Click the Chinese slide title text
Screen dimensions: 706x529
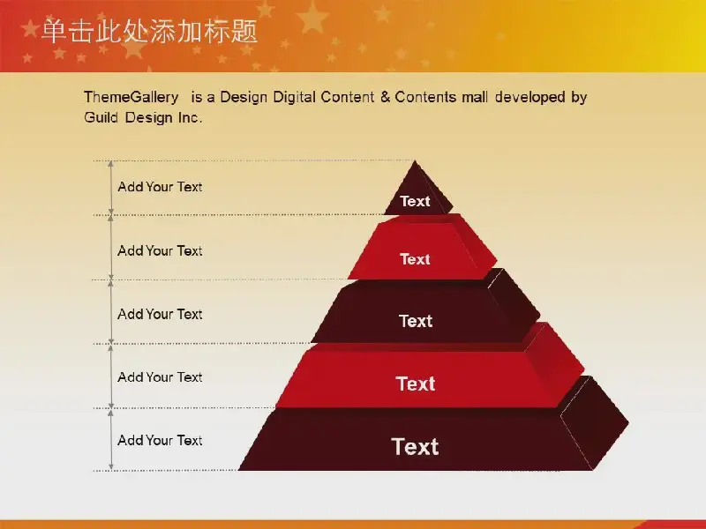149,32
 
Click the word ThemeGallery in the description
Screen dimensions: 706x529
131,97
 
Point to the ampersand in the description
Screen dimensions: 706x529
385,97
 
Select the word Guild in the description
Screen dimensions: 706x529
101,117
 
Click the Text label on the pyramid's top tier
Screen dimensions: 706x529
415,201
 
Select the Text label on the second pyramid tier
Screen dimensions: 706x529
415,259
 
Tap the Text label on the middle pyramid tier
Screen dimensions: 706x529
416,321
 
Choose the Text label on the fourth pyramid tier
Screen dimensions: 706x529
416,384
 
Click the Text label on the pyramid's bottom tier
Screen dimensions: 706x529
415,447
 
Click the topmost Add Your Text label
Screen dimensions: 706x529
160,187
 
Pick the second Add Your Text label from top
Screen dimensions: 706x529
160,250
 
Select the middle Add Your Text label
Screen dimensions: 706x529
160,314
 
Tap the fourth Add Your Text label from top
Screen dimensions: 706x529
160,377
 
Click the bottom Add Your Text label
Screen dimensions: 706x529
160,440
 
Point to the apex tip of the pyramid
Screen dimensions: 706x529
415,161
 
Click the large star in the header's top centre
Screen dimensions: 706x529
312,17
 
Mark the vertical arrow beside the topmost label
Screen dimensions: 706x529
111,188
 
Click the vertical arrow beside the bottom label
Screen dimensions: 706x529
111,439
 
